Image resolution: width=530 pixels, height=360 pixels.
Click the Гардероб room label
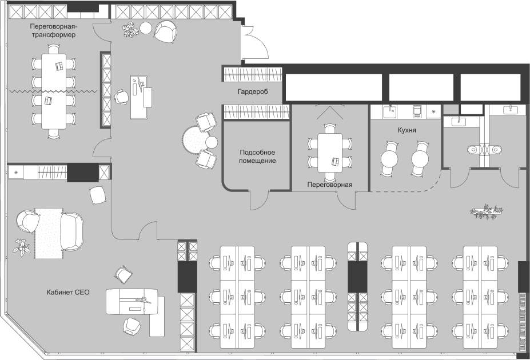pos(253,91)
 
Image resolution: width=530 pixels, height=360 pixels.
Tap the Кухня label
pos(407,130)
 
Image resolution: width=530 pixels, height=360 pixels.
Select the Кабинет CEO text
pos(68,292)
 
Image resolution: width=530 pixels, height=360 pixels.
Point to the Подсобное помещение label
pos(257,157)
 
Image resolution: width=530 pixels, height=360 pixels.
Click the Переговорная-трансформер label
pos(53,30)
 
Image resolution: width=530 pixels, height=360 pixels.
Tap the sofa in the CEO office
pos(72,231)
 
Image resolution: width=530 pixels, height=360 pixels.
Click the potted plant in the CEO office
pos(22,247)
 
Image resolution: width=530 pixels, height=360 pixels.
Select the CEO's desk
pos(133,302)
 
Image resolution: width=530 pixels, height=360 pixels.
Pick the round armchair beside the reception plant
pos(166,31)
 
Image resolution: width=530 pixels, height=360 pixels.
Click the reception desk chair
pos(121,97)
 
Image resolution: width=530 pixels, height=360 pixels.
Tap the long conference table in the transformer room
pos(54,91)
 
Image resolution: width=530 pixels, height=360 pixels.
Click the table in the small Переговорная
pos(330,153)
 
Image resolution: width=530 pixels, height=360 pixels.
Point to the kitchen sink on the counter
pos(391,111)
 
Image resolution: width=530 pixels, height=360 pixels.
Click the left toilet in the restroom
pos(474,149)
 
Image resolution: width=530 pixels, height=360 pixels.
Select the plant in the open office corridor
pos(487,211)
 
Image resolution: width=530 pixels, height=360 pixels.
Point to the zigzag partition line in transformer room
pos(53,91)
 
